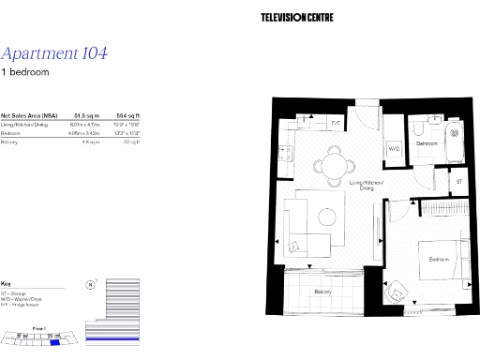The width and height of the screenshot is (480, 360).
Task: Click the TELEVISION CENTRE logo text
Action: click(296, 17)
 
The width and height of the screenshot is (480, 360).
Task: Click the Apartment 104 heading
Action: click(54, 53)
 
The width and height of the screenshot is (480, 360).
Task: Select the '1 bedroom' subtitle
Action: click(24, 72)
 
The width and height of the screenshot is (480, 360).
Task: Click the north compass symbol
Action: click(89, 284)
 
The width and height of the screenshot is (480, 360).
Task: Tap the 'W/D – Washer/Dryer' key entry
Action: click(22, 299)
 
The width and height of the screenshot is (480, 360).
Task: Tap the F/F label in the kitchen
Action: click(337, 122)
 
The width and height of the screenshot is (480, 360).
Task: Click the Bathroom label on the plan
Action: click(428, 143)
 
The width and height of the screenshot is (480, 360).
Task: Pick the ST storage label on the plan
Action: click(458, 180)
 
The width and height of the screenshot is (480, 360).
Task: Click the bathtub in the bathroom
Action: click(455, 141)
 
